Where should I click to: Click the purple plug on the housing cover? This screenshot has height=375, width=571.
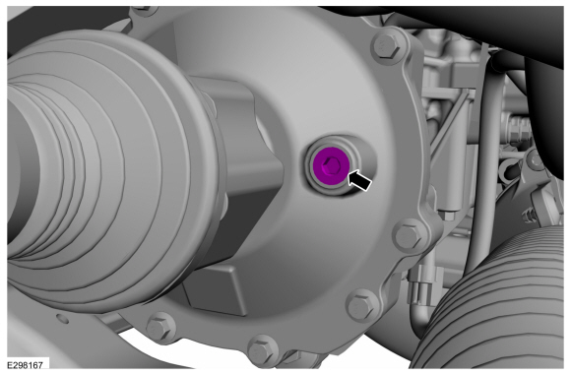[x=331, y=166]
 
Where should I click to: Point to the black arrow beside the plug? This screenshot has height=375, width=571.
[x=359, y=179]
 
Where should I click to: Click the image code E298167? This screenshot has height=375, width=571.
[x=26, y=365]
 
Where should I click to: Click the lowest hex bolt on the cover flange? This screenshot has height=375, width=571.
[x=262, y=350]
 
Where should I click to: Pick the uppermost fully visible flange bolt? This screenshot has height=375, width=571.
[x=388, y=47]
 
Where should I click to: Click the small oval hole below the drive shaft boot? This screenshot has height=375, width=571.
[x=63, y=319]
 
